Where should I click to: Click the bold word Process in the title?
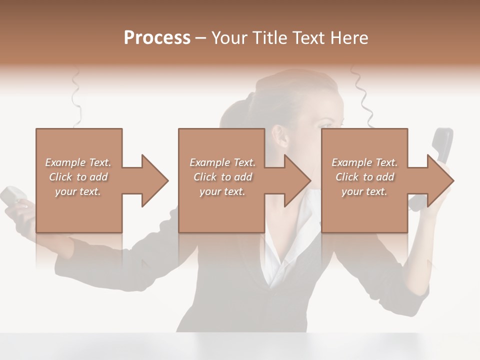point(157,38)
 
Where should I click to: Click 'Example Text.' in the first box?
point(78,162)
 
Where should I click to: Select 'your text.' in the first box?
point(78,191)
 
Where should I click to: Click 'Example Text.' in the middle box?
point(222,162)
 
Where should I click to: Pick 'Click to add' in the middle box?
point(222,177)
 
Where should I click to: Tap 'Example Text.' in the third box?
point(364,162)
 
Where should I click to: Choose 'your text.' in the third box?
point(364,191)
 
